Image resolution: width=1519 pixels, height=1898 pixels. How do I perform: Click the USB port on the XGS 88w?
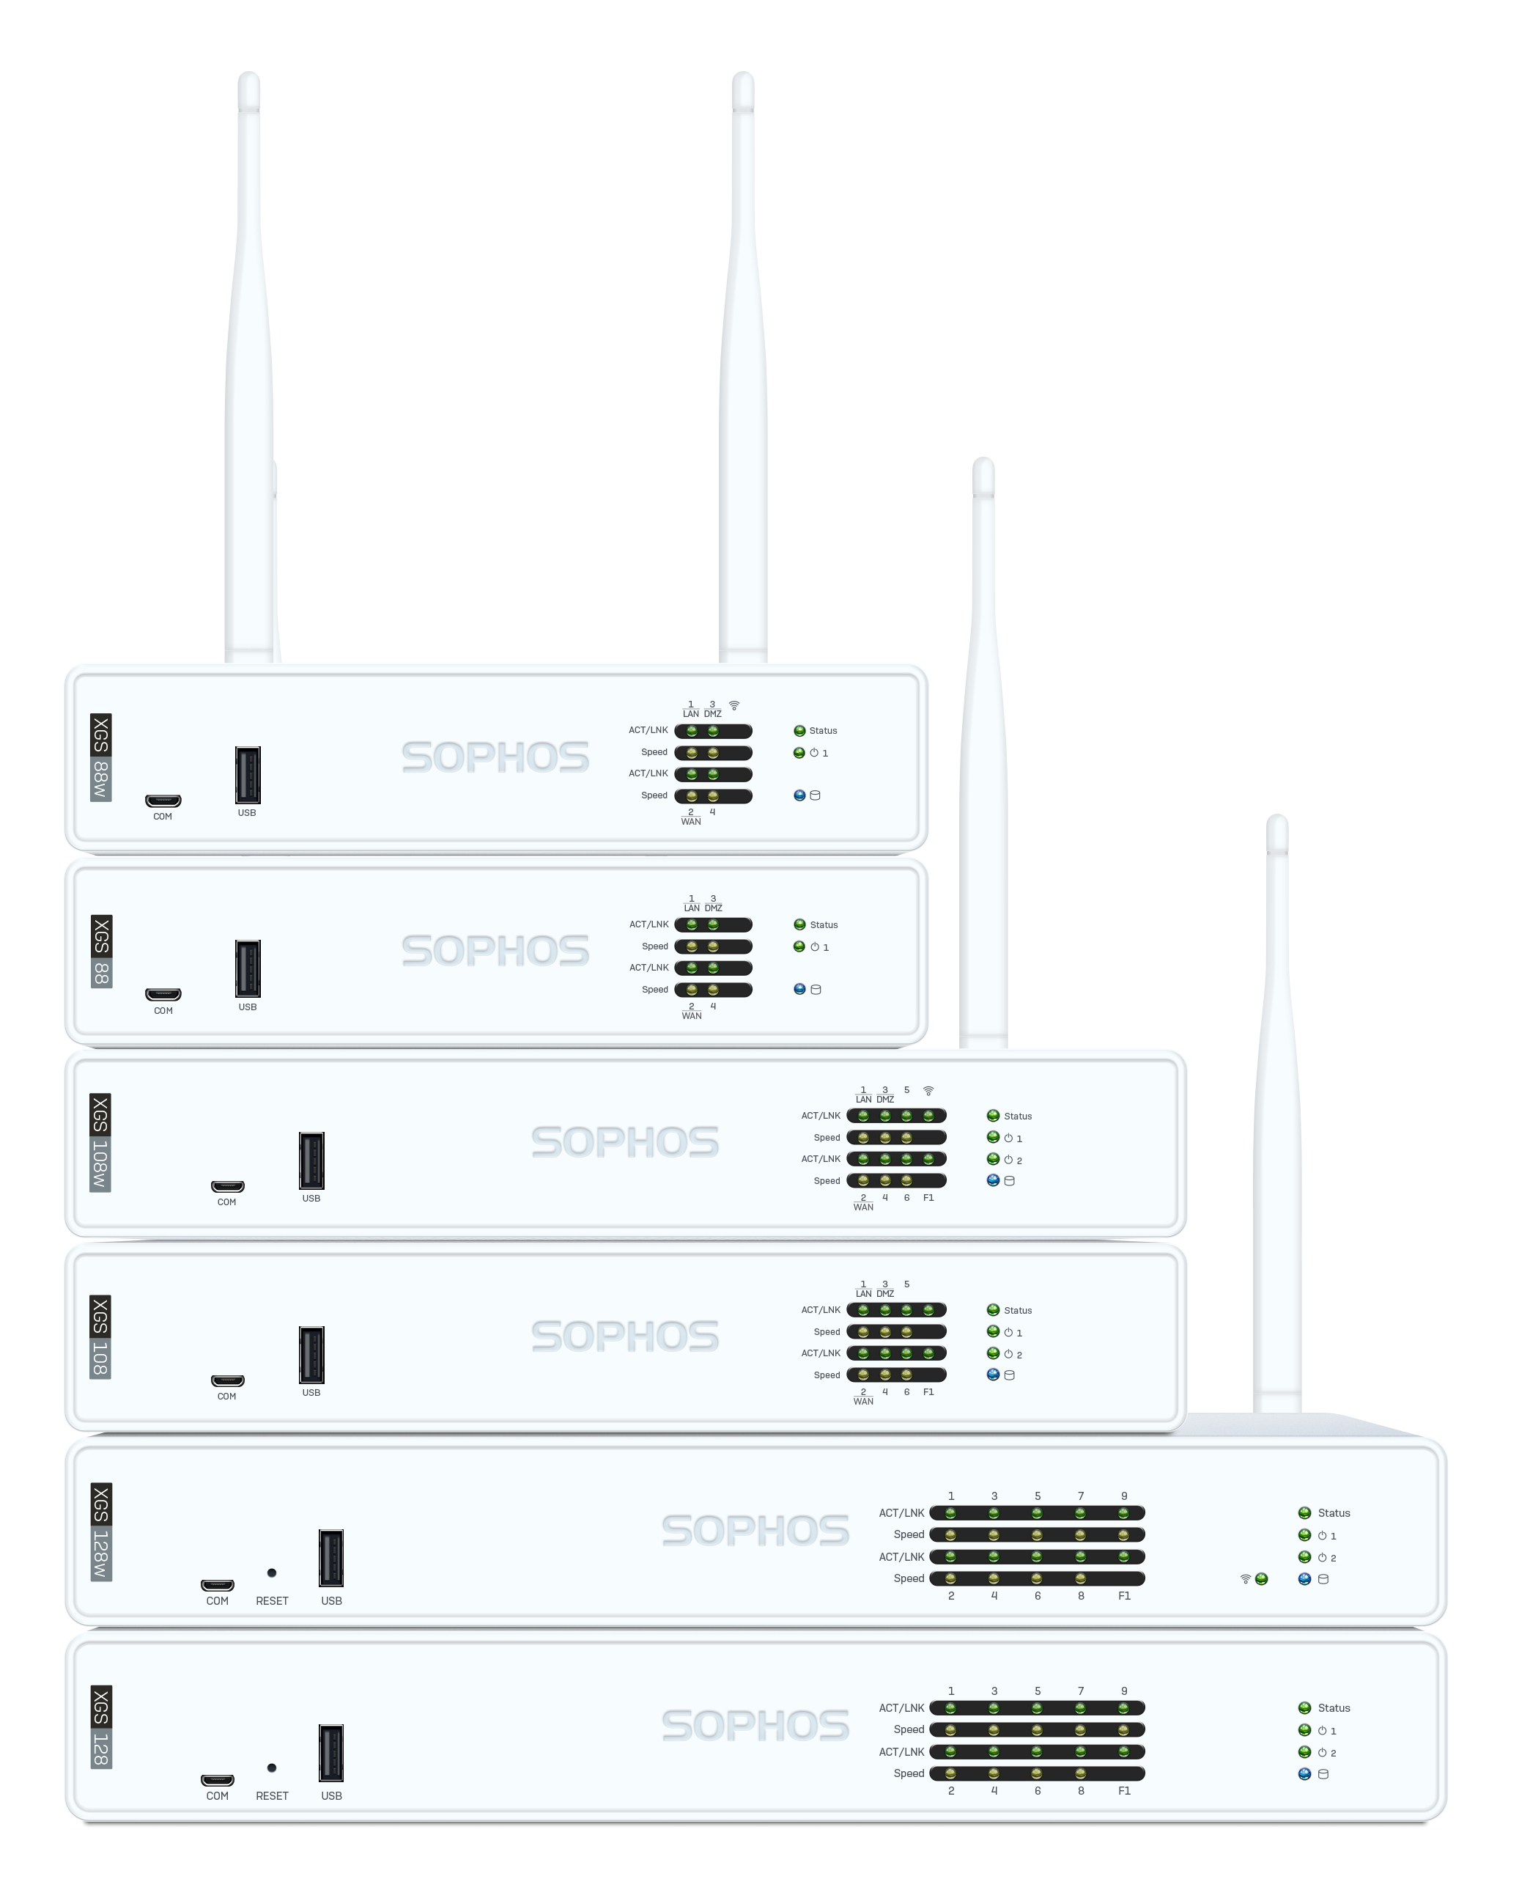pyautogui.click(x=247, y=775)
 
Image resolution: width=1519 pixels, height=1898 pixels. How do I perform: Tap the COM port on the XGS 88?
pyautogui.click(x=163, y=995)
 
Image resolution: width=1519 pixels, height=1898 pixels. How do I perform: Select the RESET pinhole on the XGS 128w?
pyautogui.click(x=272, y=1573)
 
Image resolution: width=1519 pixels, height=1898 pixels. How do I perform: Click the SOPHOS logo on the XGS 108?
pyautogui.click(x=625, y=1336)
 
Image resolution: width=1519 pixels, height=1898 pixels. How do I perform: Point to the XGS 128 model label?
pyautogui.click(x=101, y=1726)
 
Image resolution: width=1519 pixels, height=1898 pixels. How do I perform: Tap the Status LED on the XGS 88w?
pyautogui.click(x=799, y=731)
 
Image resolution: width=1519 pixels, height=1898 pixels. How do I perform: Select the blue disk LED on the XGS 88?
pyautogui.click(x=799, y=989)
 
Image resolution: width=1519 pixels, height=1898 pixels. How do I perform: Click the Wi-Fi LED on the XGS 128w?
pyautogui.click(x=1261, y=1578)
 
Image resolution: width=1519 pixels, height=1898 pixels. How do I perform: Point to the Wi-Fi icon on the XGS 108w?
pyautogui.click(x=928, y=1091)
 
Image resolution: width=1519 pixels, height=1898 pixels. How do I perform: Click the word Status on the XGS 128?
pyautogui.click(x=1334, y=1708)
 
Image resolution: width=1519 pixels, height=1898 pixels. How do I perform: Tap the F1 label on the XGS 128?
pyautogui.click(x=1124, y=1790)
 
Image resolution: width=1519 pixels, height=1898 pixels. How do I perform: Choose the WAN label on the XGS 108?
pyautogui.click(x=863, y=1401)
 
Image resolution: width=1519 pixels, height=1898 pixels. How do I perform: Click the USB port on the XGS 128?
pyautogui.click(x=331, y=1753)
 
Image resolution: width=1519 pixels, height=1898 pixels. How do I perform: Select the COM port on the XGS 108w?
pyautogui.click(x=227, y=1186)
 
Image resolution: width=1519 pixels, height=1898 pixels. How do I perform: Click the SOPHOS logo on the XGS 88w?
pyautogui.click(x=495, y=757)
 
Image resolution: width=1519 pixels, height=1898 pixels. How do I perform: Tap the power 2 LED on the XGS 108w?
pyautogui.click(x=993, y=1159)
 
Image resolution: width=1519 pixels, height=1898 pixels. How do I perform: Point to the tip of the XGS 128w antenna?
pyautogui.click(x=1277, y=820)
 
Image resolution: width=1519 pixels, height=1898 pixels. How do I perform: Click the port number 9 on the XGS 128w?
pyautogui.click(x=1124, y=1496)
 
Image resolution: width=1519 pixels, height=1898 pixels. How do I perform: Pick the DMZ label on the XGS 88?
pyautogui.click(x=714, y=908)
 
